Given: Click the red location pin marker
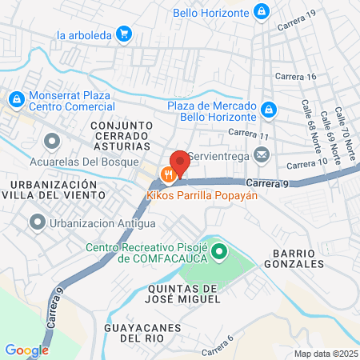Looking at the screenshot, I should tap(179, 162).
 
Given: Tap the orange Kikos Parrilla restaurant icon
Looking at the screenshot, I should tap(168, 174).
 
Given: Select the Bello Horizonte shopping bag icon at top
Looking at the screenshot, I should tap(261, 11).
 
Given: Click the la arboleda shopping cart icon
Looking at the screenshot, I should tap(123, 34).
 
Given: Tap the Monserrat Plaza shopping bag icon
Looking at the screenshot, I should tap(15, 99).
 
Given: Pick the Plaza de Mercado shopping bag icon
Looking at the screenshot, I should tap(270, 108).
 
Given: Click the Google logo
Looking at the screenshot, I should tap(26, 350).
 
